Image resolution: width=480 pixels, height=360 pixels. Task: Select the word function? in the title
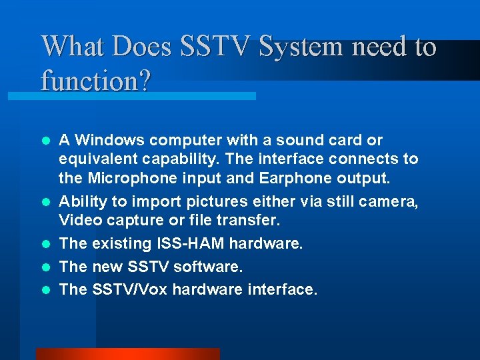click(96, 81)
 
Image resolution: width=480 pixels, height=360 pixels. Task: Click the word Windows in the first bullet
click(110, 140)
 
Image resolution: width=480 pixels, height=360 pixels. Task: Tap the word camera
click(391, 201)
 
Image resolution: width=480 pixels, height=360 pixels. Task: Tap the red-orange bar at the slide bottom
click(127, 353)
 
